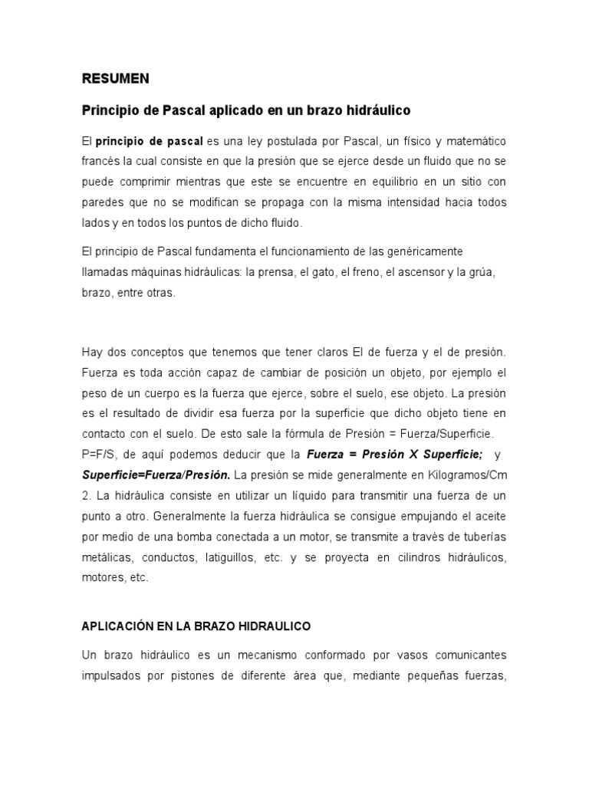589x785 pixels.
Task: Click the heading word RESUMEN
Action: [116, 78]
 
